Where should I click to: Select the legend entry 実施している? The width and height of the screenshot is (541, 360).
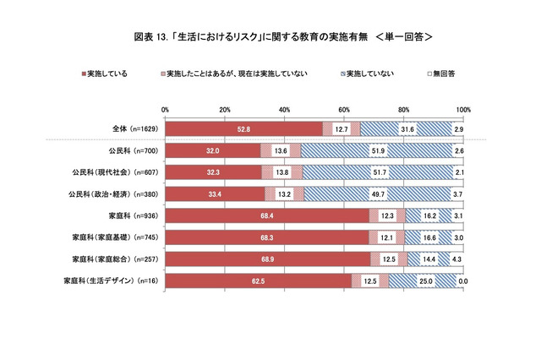point(107,74)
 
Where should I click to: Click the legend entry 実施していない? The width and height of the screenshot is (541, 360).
point(367,74)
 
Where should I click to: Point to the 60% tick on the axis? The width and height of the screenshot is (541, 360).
point(344,110)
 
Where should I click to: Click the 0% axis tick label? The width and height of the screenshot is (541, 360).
point(165,110)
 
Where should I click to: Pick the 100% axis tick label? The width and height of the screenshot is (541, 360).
point(462,110)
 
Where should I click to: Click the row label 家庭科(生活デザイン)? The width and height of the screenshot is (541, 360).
point(113,281)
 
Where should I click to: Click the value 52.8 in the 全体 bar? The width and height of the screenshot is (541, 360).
point(245,128)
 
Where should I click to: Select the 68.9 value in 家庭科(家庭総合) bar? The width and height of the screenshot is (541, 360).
point(268,259)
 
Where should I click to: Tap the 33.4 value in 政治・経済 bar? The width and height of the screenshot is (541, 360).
point(215,194)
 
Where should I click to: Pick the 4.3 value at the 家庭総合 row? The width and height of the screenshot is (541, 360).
point(456,259)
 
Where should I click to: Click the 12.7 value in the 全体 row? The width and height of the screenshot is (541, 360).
point(342,128)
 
